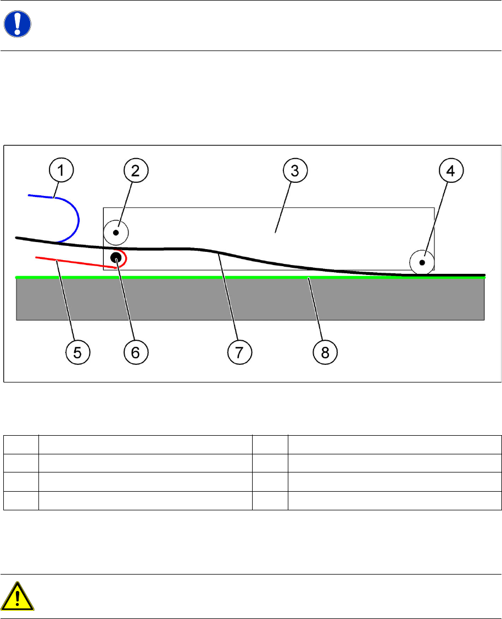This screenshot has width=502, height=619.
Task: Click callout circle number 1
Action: pos(62,171)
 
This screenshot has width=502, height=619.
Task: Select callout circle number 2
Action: pos(136,171)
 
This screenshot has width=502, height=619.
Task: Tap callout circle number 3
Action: pos(294,171)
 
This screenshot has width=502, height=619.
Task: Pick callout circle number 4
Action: pos(450,171)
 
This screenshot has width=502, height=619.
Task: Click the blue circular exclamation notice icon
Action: pos(18,25)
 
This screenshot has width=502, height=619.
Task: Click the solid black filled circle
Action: pos(116,257)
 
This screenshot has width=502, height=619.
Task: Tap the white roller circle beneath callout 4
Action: pos(422,262)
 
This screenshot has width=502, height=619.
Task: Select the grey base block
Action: pos(250,299)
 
